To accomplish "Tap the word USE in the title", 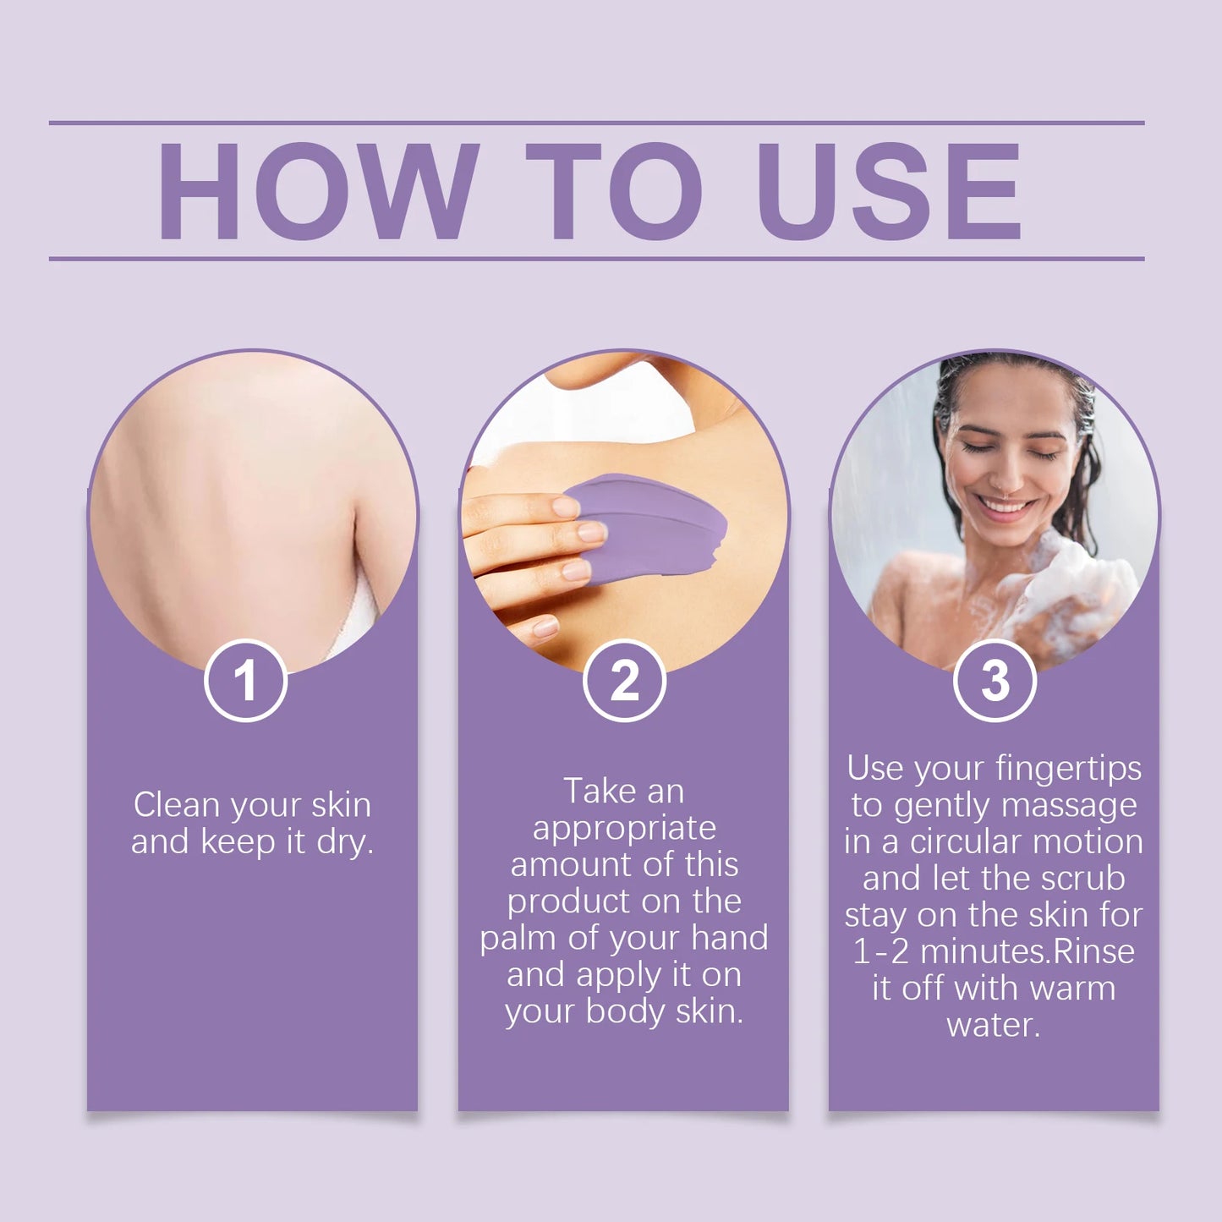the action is tap(889, 191).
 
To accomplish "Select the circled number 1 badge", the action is tap(245, 681).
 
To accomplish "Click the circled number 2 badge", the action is tap(624, 681).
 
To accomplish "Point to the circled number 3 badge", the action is tap(995, 681).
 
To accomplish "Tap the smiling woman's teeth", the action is tap(1006, 507).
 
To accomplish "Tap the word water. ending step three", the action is tap(994, 1026).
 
